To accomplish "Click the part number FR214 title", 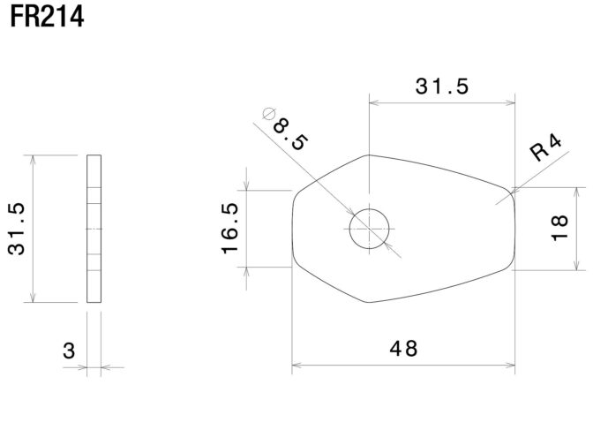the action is (x=47, y=17).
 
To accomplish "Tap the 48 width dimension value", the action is (x=403, y=349).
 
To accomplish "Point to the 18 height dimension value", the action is (x=559, y=228).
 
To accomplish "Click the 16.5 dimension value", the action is (x=229, y=229).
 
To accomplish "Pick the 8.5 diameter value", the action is (x=290, y=134).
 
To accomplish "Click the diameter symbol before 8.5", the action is (x=268, y=113).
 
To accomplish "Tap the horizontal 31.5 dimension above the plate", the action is (x=442, y=87).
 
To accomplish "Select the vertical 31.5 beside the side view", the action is (x=16, y=229).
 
